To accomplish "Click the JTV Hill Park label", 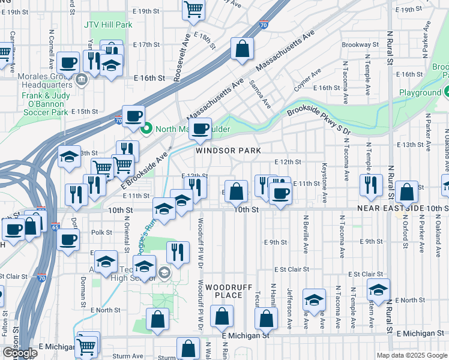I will [x=107, y=25].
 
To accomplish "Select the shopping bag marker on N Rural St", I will [x=406, y=192].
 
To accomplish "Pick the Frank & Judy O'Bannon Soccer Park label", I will [x=44, y=100].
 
